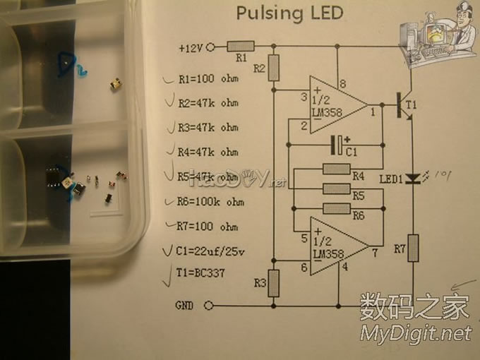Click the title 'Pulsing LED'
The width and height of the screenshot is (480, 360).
pos(289,13)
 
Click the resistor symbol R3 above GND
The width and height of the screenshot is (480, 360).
pos(274,282)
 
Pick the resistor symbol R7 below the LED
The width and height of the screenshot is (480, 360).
pos(413,248)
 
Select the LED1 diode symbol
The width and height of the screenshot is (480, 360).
pos(414,179)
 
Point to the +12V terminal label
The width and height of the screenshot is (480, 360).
pos(191,48)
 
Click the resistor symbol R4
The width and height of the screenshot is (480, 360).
pos(336,168)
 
